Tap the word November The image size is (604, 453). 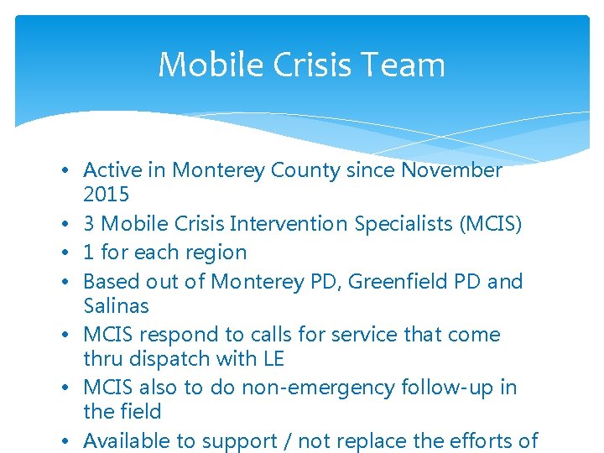(451, 170)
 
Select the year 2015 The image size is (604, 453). (107, 195)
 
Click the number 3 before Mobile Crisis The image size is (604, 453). (89, 224)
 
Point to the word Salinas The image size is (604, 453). (116, 305)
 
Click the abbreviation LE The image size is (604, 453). (272, 359)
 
